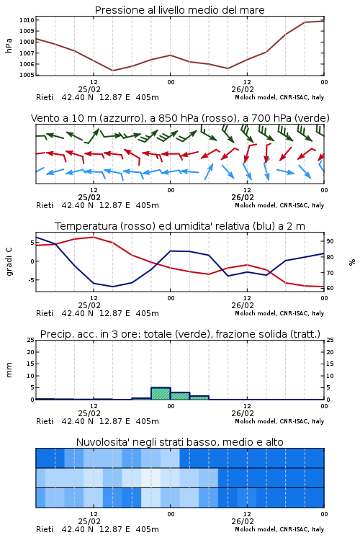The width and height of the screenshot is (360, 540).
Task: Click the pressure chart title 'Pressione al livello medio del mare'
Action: pos(179,10)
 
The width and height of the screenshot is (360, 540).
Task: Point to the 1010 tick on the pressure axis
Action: pos(27,20)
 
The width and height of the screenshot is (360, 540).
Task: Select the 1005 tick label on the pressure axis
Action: pos(27,75)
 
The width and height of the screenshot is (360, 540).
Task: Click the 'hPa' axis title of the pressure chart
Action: pos(9,45)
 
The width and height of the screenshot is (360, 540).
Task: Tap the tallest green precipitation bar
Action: pos(161,393)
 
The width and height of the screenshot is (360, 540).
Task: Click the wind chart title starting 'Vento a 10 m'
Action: pos(180,118)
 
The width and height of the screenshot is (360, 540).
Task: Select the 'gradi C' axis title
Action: pos(9,261)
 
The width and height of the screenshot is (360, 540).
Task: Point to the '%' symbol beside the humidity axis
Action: pos(352,262)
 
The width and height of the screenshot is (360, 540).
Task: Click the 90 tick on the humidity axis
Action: pos(330,241)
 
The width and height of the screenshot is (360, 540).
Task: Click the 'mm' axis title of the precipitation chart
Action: pos(9,370)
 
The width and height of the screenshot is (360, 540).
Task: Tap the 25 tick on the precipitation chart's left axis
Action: pos(31,340)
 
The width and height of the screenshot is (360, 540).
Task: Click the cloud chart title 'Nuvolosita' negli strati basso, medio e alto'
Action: pos(179,442)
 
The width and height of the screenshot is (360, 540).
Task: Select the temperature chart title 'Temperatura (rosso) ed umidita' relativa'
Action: pos(179,226)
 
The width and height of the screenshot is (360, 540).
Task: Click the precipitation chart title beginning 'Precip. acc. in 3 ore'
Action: pos(180,334)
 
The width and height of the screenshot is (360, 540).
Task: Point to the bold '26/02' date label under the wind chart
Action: pos(243,198)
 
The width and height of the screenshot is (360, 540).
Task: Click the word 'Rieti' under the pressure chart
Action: pos(45,97)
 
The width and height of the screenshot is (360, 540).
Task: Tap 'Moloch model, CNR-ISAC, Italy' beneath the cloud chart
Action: pos(279,529)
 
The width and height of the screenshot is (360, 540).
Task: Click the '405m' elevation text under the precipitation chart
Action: pos(147,421)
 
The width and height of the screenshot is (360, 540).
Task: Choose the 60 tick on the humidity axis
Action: pos(330,288)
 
